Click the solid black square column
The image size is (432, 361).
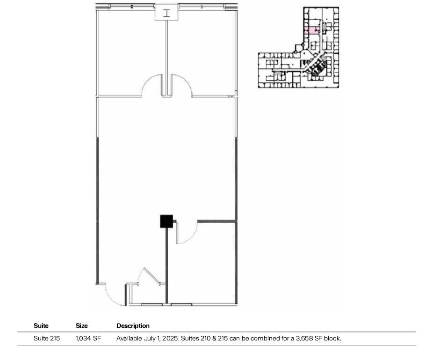tap(166, 221)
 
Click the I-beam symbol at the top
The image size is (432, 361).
tap(166, 13)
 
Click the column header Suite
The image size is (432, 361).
tap(41, 326)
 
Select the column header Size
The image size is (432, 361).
tap(82, 326)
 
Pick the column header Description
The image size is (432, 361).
tap(133, 326)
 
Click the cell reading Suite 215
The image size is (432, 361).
tap(47, 339)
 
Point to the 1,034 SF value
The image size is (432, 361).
tap(88, 339)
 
